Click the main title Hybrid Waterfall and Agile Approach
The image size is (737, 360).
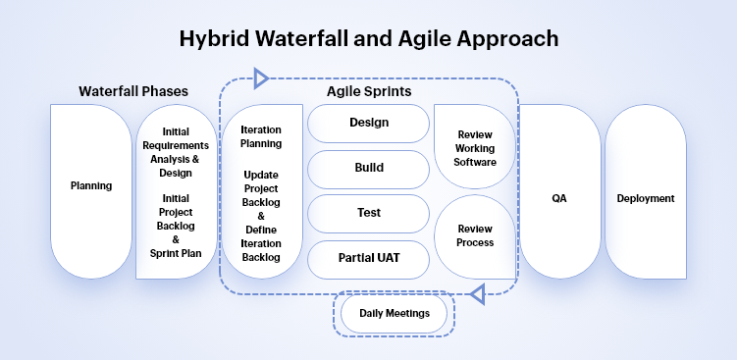coord(368,39)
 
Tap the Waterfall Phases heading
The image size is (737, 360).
coord(133,91)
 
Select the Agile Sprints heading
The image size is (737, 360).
coord(369,91)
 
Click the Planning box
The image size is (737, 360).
coord(91,185)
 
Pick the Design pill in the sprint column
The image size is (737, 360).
coord(369,123)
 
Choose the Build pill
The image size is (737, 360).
coord(369,168)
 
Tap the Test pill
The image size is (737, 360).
coord(369,213)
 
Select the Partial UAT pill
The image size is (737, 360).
coord(369,258)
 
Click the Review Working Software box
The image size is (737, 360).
coord(475,147)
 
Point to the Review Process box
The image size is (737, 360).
coord(475,235)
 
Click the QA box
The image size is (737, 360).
coord(559,198)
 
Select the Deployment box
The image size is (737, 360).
coord(645,198)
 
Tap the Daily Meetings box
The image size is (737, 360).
coord(393,313)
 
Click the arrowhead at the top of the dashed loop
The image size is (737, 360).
coord(261,77)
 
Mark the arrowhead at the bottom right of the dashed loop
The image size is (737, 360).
coord(478,292)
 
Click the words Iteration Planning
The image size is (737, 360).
coord(261,136)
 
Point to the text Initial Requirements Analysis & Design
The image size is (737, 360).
coord(176,151)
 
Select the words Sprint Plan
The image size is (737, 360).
coord(176,251)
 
